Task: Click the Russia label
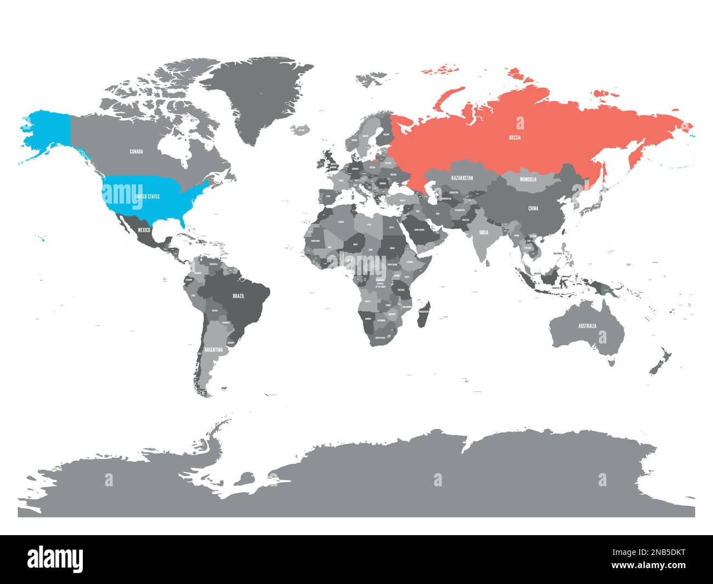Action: point(514,138)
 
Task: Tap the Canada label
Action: point(137,151)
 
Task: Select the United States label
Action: point(147,196)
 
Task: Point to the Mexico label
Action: point(144,230)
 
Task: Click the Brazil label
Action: point(239,296)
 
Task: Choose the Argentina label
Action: point(213,350)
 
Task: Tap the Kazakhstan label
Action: point(462,179)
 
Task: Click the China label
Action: point(533,209)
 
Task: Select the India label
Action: point(483,233)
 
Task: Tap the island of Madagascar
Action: point(423,313)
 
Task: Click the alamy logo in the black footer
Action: point(55,559)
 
